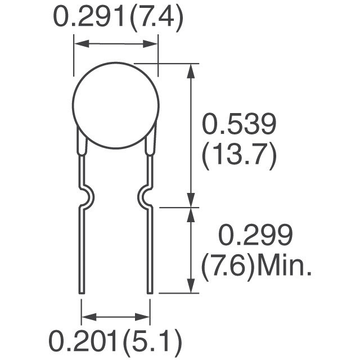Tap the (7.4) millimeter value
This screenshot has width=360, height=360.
[156, 18]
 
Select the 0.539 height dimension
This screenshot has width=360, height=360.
[238, 124]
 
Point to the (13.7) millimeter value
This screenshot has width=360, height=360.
[239, 156]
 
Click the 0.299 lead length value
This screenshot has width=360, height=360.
[255, 235]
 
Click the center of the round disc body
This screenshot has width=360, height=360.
[116, 105]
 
